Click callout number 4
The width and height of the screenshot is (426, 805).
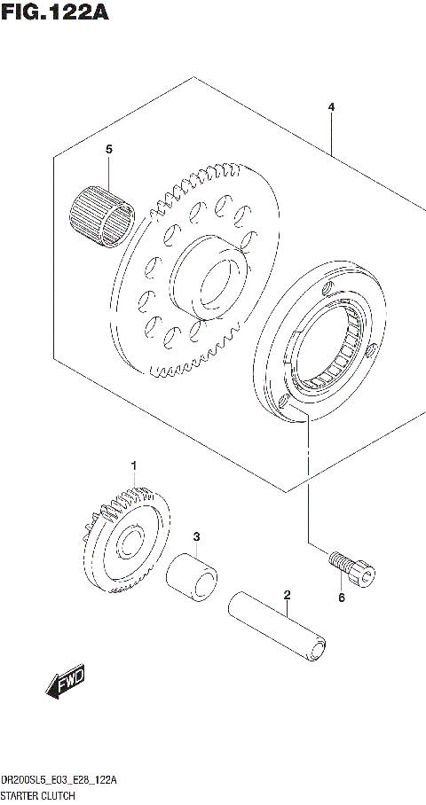(x=330, y=107)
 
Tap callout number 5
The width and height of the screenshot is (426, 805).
(x=108, y=151)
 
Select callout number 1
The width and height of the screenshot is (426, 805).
(x=135, y=465)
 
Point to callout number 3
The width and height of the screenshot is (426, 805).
(x=197, y=536)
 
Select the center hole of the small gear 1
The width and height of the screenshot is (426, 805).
(x=128, y=542)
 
